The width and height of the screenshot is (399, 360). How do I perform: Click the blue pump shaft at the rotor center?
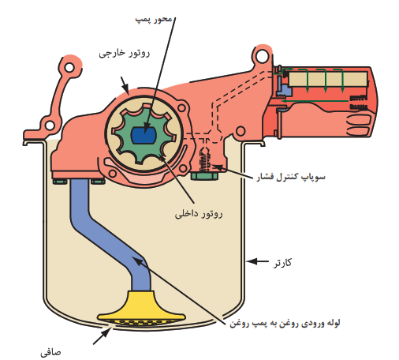click(x=144, y=135)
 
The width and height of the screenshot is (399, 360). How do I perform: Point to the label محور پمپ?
click(x=154, y=20)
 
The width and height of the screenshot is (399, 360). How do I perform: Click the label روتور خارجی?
click(x=125, y=53)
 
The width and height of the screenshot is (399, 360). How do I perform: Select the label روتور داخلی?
click(x=199, y=214)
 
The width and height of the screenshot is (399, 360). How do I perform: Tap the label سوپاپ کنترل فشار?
click(x=291, y=177)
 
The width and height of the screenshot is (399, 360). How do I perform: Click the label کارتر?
click(x=283, y=263)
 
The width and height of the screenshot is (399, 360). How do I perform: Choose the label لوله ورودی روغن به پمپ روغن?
click(x=285, y=323)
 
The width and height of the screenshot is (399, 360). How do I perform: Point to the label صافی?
click(x=50, y=352)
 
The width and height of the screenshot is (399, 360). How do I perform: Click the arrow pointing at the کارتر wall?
click(x=258, y=261)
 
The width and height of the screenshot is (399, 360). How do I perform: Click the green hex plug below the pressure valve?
click(x=204, y=176)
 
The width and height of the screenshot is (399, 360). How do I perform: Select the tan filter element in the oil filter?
click(x=328, y=79)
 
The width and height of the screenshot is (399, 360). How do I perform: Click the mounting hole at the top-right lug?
click(x=262, y=56)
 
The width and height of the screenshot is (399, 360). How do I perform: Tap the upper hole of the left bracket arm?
click(x=69, y=67)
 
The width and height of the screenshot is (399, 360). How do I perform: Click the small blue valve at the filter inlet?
click(x=284, y=90)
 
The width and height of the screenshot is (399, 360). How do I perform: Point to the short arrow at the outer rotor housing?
click(x=125, y=85)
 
